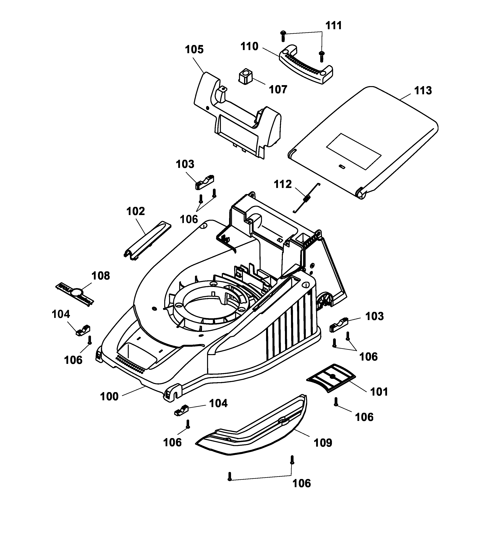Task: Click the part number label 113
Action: point(423,91)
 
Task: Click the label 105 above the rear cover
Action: point(194,49)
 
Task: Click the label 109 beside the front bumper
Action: point(323,443)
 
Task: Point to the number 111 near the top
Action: point(333,26)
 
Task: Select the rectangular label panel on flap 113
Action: point(354,151)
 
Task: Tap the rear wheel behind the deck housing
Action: point(325,300)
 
